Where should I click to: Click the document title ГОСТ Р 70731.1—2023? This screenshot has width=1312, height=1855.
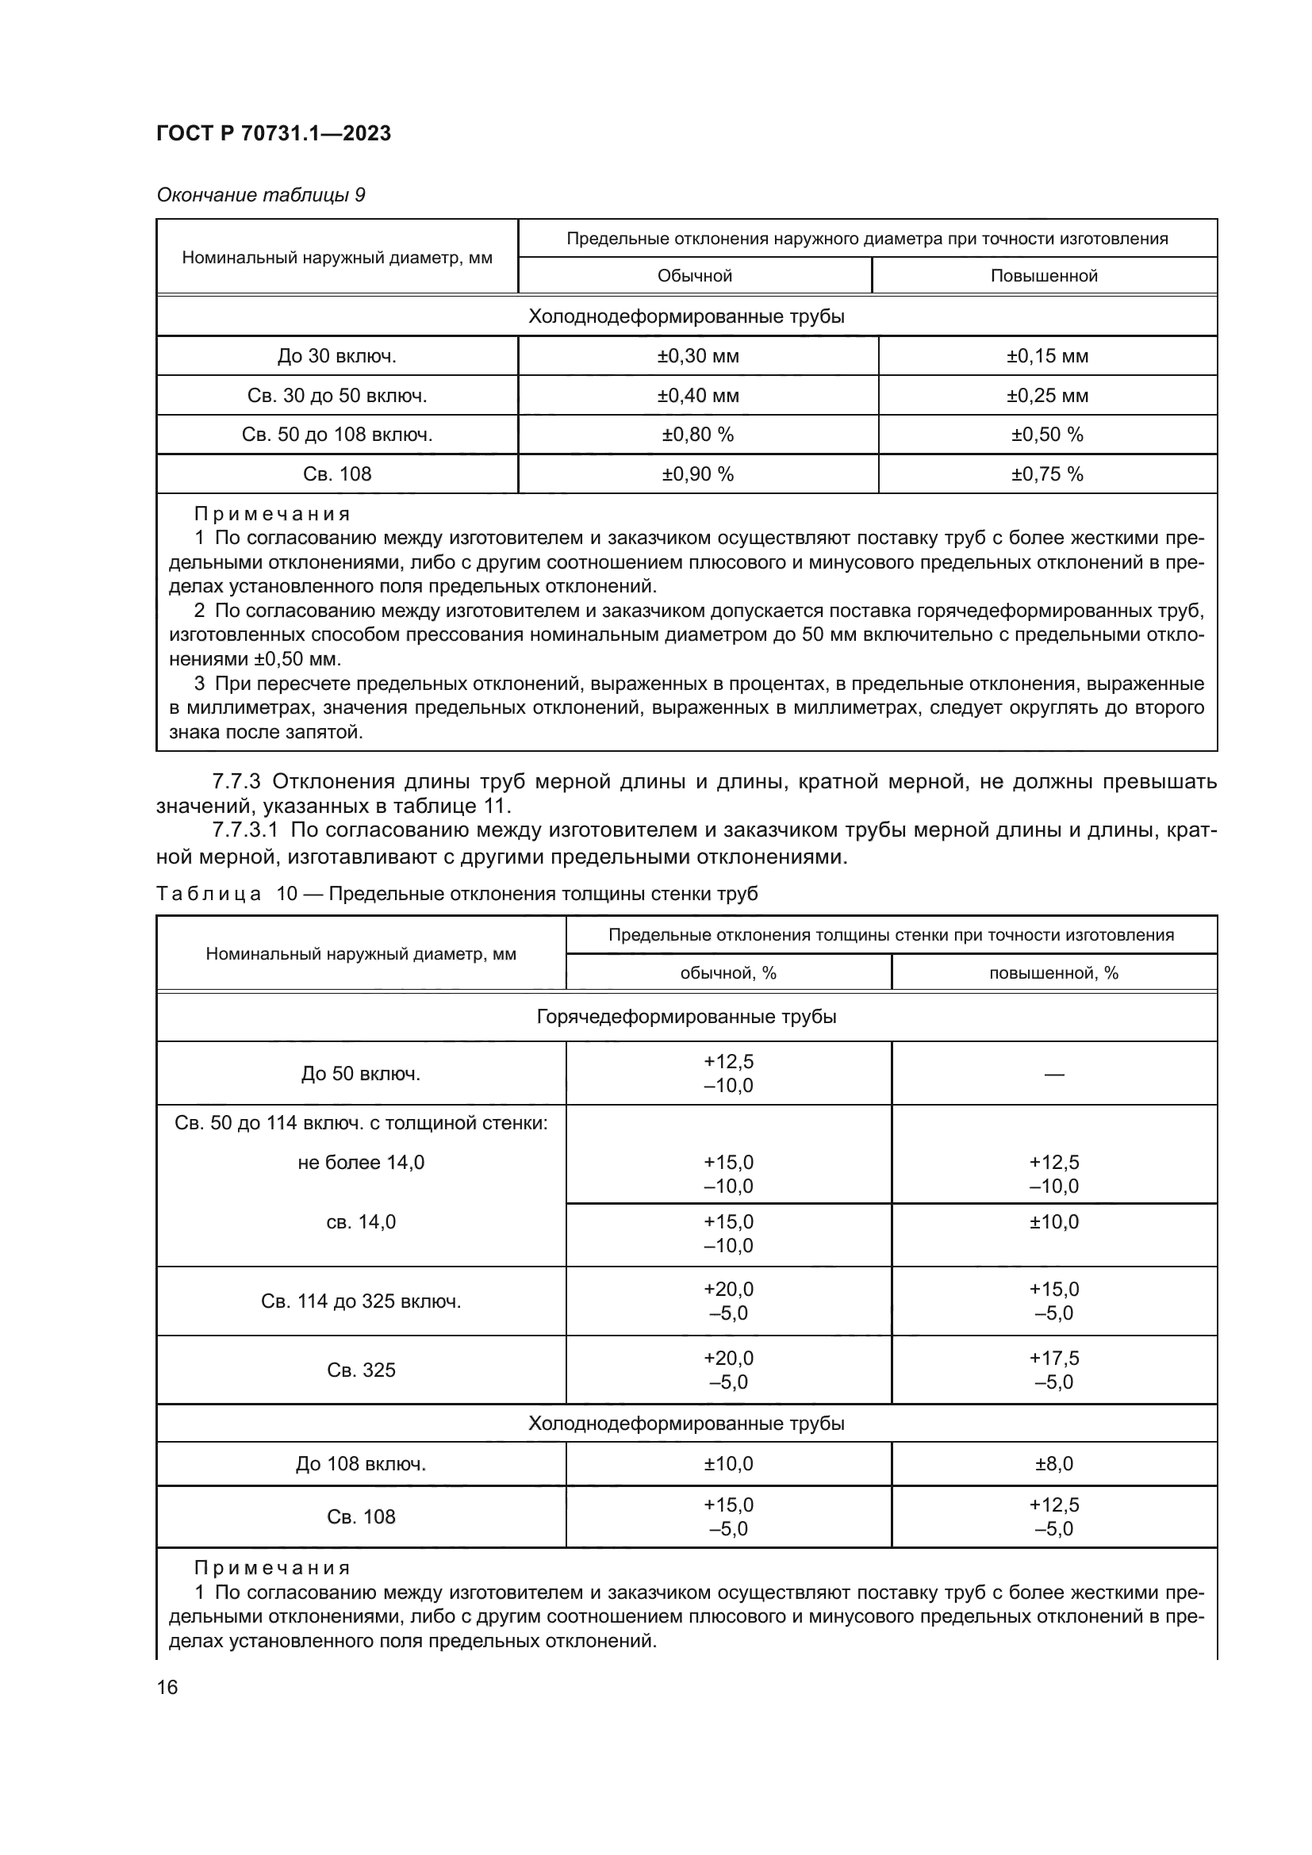coord(274,133)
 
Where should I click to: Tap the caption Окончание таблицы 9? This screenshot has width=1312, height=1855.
coord(260,195)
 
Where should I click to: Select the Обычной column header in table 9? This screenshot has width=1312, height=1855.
coord(694,275)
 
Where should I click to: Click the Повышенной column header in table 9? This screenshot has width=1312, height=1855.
coord(1044,275)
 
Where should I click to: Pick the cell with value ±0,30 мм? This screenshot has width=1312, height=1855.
coord(697,355)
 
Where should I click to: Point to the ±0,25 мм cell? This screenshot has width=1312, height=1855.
coord(1047,395)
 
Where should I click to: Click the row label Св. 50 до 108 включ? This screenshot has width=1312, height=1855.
coord(337,435)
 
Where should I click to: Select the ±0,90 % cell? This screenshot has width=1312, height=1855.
coord(697,474)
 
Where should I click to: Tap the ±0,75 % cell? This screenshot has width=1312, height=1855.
coord(1047,474)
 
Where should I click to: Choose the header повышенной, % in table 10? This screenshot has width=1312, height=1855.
coord(1053,973)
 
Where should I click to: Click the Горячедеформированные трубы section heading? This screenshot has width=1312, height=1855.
coord(686,1017)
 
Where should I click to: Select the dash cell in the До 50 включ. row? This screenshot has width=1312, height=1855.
coord(1053,1074)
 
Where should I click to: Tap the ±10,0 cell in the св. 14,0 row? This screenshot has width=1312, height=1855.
coord(1053,1221)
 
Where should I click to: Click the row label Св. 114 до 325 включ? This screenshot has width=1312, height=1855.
coord(360,1301)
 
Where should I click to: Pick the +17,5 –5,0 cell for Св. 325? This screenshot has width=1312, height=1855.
coord(1053,1370)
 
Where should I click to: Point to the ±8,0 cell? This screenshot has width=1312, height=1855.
coord(1053,1464)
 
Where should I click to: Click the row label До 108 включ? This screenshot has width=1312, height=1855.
coord(360,1464)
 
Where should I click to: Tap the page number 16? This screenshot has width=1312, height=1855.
coord(167,1687)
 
